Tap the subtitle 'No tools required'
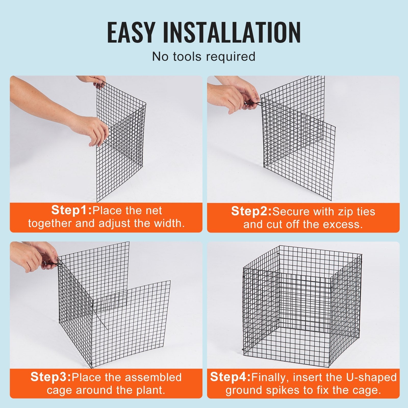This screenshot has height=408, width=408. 203,56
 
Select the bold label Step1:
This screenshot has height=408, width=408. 71,210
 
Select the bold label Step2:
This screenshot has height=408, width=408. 251,211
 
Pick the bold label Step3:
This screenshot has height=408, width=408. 50,377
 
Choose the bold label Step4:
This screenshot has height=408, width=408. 231,377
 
